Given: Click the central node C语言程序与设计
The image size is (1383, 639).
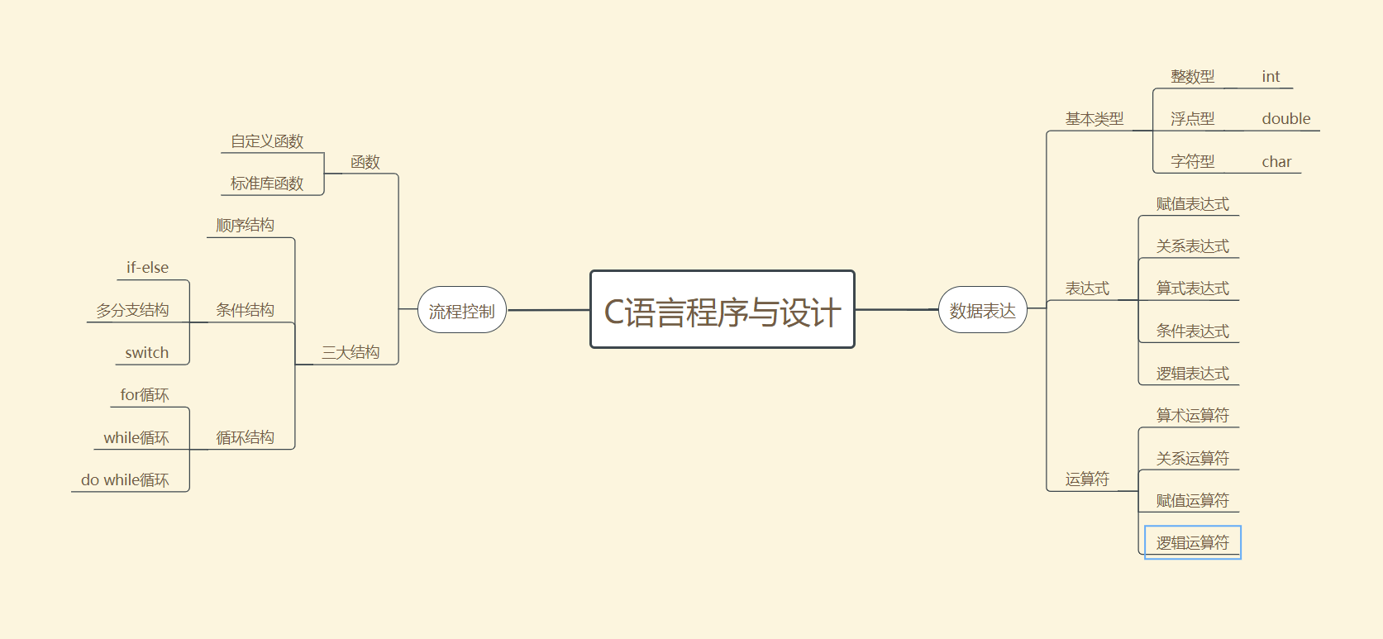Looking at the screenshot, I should pyautogui.click(x=722, y=310).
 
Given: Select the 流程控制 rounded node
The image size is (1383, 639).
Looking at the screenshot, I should pyautogui.click(x=461, y=311).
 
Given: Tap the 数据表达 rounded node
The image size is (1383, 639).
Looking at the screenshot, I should pyautogui.click(x=982, y=311).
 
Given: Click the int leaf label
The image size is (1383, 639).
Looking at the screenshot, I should pyautogui.click(x=1271, y=77).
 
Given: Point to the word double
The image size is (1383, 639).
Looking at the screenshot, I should pyautogui.click(x=1285, y=119).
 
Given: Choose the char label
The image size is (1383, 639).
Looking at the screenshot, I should pyautogui.click(x=1276, y=162).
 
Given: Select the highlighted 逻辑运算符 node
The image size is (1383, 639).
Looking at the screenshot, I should pyautogui.click(x=1192, y=543).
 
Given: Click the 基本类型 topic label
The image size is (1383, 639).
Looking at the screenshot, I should pyautogui.click(x=1094, y=119).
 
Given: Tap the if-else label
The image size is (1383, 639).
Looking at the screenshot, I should pyautogui.click(x=147, y=268).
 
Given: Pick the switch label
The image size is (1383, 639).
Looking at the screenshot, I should pyautogui.click(x=146, y=353).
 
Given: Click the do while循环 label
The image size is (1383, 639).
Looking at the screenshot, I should pyautogui.click(x=125, y=480).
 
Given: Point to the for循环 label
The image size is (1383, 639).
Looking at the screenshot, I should pyautogui.click(x=144, y=395).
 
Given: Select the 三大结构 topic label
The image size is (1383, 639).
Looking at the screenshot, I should pyautogui.click(x=351, y=353).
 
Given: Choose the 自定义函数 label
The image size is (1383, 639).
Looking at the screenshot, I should pyautogui.click(x=267, y=141).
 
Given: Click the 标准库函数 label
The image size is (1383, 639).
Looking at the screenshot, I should pyautogui.click(x=267, y=184).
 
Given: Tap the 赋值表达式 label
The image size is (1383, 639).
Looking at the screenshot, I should pyautogui.click(x=1192, y=204).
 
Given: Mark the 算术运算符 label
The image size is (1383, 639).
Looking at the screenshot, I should pyautogui.click(x=1192, y=416).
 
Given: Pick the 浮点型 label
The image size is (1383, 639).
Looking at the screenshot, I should pyautogui.click(x=1192, y=119).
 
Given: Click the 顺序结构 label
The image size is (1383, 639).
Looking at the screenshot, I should pyautogui.click(x=245, y=226).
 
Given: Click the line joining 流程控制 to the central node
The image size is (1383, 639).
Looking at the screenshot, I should pyautogui.click(x=548, y=310).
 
